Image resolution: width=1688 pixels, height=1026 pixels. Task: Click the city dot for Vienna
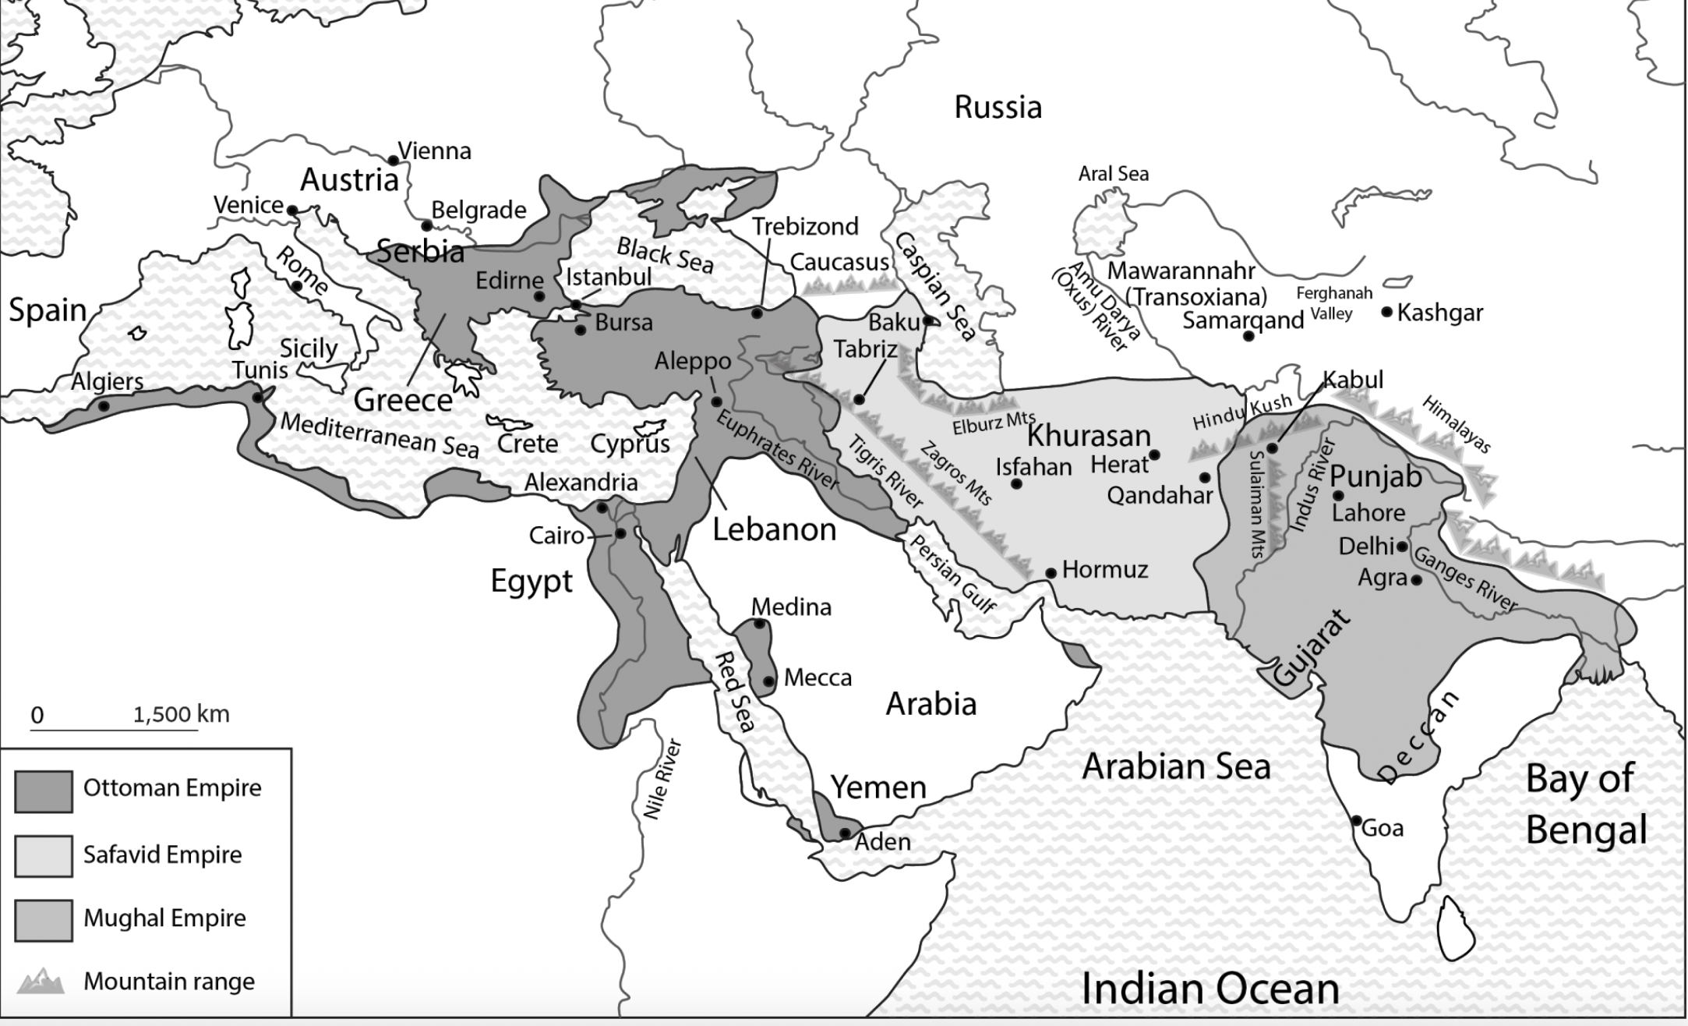pyautogui.click(x=394, y=161)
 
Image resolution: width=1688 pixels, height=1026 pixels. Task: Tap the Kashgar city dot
pyautogui.click(x=1387, y=312)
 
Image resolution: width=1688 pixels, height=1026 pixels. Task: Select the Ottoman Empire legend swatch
pyautogui.click(x=44, y=791)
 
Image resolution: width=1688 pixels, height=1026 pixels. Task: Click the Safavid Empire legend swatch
pyautogui.click(x=44, y=855)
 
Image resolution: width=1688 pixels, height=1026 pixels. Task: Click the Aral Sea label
pyautogui.click(x=1113, y=173)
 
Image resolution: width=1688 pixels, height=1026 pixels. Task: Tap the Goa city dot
pyautogui.click(x=1356, y=821)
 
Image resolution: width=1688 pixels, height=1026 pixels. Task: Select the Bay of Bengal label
pyautogui.click(x=1586, y=804)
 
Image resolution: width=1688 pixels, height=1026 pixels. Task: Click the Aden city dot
pyautogui.click(x=845, y=833)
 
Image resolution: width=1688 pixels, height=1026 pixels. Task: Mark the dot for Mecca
pyautogui.click(x=768, y=681)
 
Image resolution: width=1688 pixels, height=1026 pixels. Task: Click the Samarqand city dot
pyautogui.click(x=1248, y=336)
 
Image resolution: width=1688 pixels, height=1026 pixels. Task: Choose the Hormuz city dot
pyautogui.click(x=1051, y=573)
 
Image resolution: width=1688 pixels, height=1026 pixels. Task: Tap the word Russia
pyautogui.click(x=998, y=107)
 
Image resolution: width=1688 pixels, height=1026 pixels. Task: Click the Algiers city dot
pyautogui.click(x=103, y=406)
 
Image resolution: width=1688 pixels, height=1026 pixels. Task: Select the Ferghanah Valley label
pyautogui.click(x=1333, y=303)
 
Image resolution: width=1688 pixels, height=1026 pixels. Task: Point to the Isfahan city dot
pyautogui.click(x=1016, y=483)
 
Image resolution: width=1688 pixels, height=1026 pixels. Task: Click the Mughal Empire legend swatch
pyautogui.click(x=44, y=920)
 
